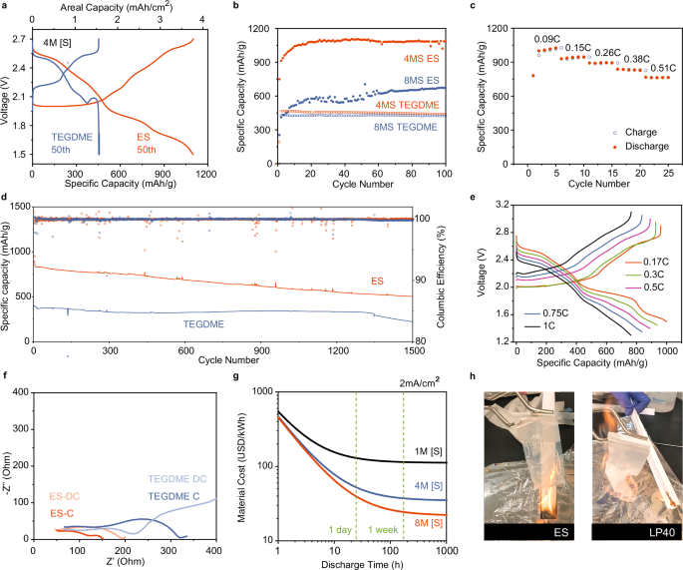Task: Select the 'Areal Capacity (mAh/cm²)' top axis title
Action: (117, 7)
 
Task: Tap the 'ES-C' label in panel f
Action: (64, 512)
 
